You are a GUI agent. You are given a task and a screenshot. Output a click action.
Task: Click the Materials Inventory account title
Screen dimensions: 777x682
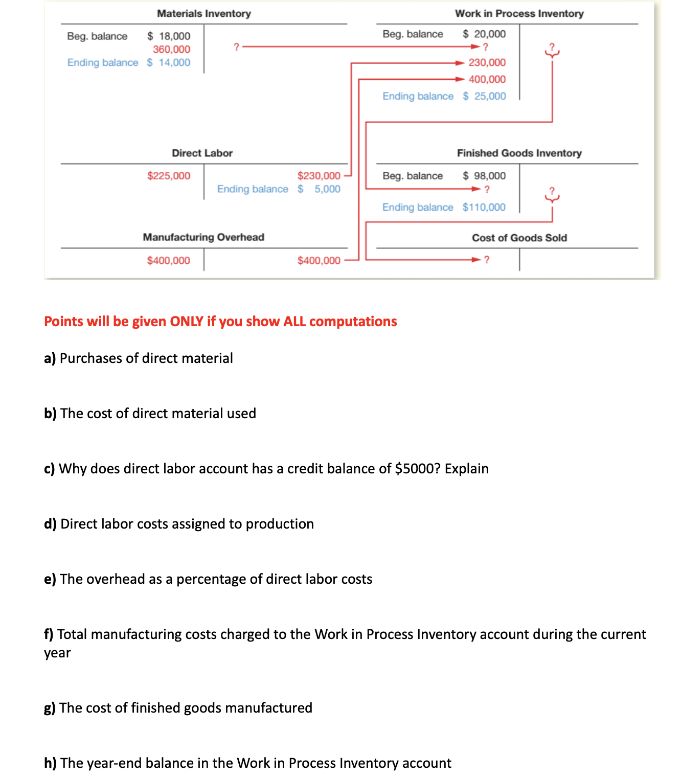[203, 13]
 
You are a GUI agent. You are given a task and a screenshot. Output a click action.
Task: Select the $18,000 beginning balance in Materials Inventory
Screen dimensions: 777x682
[169, 36]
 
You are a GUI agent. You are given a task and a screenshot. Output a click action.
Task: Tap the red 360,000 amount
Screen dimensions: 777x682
[171, 49]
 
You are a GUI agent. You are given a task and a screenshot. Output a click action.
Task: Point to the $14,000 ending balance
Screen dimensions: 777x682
[169, 62]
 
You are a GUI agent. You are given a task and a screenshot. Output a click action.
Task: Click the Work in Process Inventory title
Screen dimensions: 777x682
[519, 13]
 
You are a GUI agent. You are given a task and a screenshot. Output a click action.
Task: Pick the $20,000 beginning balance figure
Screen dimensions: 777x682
[484, 34]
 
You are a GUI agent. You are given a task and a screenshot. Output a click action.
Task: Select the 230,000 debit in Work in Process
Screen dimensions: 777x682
[487, 62]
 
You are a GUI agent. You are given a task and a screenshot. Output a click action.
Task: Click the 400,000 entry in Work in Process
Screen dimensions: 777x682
[487, 79]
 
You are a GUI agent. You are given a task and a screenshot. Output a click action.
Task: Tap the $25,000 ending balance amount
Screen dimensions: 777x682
[484, 96]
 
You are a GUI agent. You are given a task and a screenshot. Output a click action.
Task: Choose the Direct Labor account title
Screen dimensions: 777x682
[202, 153]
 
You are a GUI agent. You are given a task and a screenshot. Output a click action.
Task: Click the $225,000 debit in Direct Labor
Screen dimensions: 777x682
[168, 176]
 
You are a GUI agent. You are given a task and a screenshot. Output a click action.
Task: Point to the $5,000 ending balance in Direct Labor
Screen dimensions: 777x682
[319, 189]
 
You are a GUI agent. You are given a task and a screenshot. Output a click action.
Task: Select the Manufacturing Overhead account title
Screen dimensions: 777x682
[203, 237]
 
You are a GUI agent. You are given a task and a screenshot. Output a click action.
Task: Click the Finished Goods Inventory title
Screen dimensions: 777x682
[519, 153]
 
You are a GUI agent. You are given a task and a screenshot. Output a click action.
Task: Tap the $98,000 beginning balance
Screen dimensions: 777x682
[484, 176]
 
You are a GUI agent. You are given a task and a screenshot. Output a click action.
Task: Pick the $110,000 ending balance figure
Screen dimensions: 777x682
[484, 207]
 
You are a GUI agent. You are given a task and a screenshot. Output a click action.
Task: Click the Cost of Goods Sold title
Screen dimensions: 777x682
[519, 238]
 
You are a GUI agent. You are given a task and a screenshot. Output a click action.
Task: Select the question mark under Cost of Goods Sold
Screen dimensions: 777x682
[487, 260]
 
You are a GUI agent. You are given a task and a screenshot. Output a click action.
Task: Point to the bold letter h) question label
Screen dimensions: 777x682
[50, 763]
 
